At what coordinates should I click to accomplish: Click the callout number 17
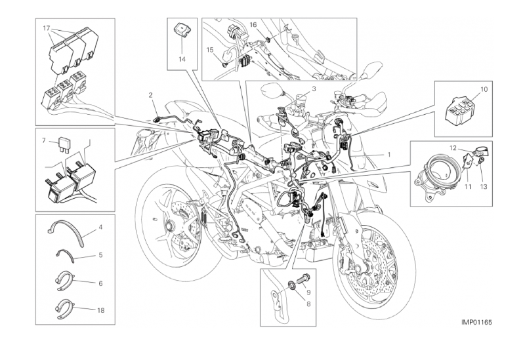(x=47, y=28)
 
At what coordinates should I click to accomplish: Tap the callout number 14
(x=182, y=59)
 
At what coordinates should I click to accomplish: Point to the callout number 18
(x=101, y=310)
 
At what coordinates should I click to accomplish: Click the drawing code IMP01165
(x=476, y=323)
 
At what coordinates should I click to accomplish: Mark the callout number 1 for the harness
(x=389, y=155)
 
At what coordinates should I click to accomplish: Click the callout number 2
(x=150, y=95)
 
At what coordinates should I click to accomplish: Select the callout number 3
(x=314, y=89)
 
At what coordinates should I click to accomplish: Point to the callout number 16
(x=253, y=25)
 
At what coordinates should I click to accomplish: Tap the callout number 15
(x=209, y=50)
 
